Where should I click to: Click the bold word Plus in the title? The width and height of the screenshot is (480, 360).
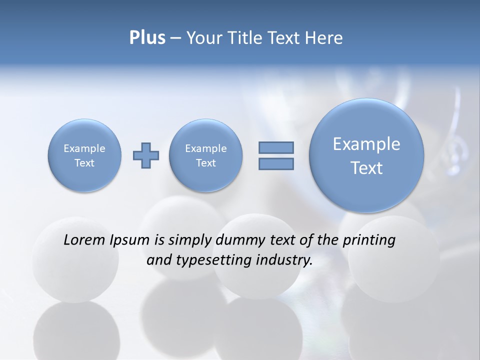tap(147, 38)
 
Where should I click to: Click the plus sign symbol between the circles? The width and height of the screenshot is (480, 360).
tap(146, 155)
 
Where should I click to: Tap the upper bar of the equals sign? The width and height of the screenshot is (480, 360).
tap(276, 147)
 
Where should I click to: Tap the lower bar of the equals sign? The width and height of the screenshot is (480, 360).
tap(276, 163)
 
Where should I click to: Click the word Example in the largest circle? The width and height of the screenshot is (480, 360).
tap(366, 144)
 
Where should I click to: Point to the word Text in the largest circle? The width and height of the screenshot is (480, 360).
tap(366, 168)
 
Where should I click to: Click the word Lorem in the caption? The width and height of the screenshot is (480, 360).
tap(84, 240)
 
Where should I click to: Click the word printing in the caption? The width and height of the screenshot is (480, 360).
tap(369, 240)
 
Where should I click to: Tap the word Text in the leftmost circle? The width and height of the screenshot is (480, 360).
tap(84, 163)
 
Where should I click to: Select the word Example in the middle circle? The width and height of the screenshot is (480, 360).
tap(206, 148)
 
